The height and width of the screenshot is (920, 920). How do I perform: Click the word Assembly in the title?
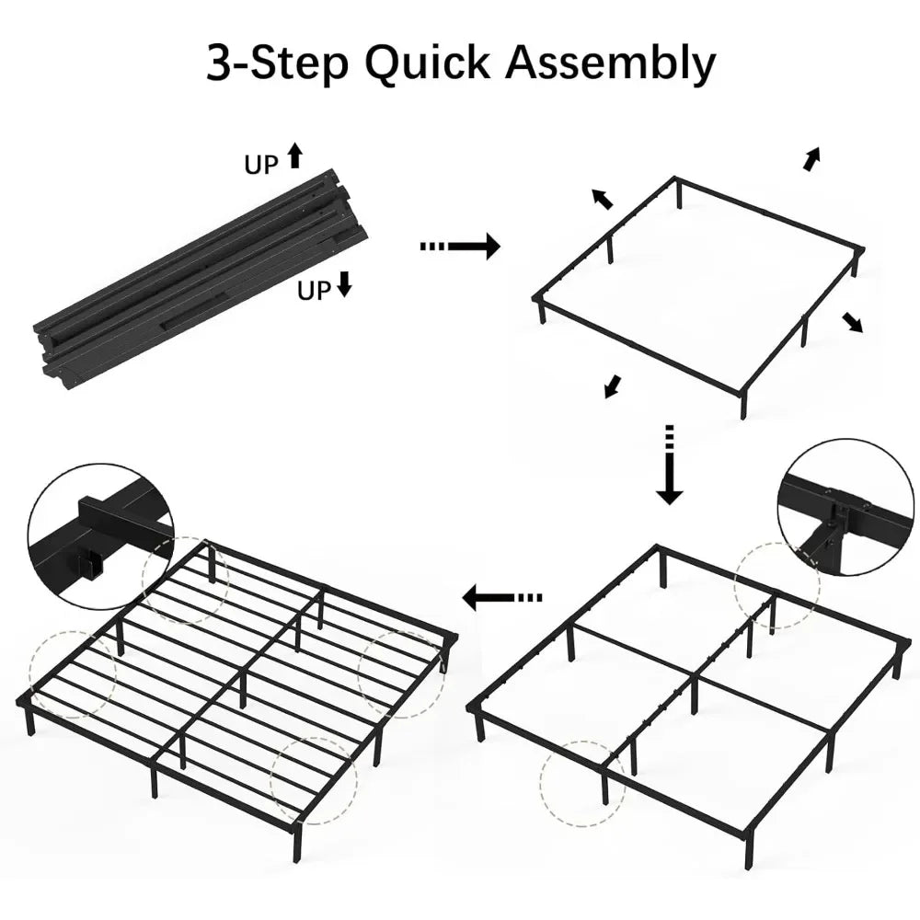point(611,64)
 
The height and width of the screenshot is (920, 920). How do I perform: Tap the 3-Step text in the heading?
point(277,64)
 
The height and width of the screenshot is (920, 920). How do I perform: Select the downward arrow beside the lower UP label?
point(344,283)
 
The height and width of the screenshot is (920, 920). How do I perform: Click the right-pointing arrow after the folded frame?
point(460,246)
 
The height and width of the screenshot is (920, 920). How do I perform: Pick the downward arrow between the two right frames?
point(670,465)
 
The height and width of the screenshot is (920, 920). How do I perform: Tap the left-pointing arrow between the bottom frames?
point(502,598)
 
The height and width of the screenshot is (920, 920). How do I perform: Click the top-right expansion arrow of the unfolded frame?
point(811,159)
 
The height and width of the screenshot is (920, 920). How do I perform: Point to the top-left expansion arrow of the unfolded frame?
point(602,199)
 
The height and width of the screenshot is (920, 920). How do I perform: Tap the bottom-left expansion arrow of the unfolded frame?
point(613,386)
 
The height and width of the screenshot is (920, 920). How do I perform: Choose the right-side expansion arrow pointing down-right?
point(853,322)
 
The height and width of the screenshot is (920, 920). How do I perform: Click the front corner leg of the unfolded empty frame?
point(743,406)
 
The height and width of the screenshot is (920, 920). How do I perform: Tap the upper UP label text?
point(261,166)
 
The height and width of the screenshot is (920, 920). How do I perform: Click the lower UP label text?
point(314,291)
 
